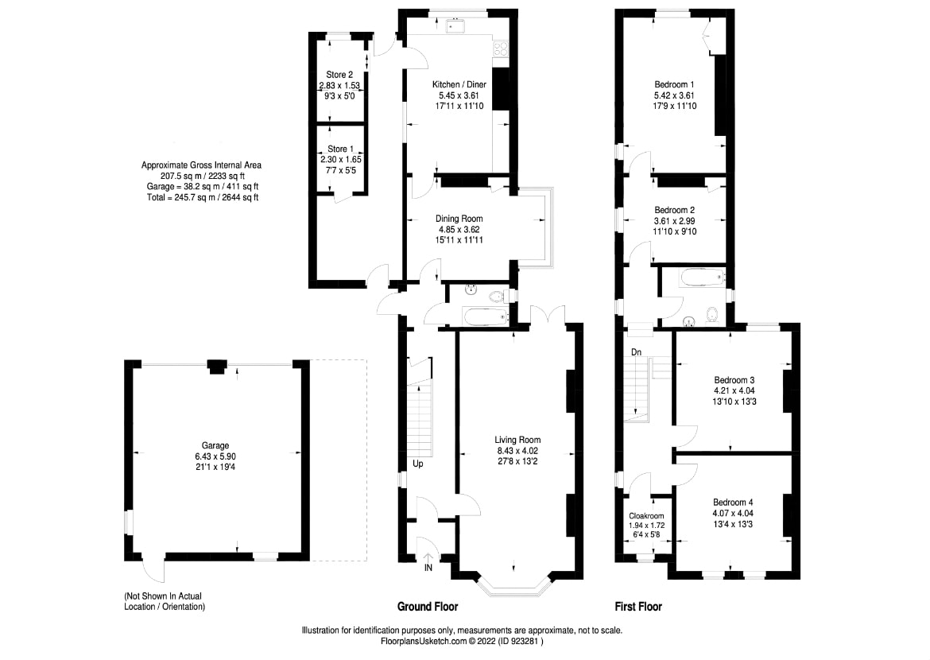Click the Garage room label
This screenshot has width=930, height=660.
215,445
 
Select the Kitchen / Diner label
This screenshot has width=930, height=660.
459,84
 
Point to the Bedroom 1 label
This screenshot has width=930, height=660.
674,84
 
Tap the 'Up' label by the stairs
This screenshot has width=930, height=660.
417,464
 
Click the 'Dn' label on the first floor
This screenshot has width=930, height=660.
636,351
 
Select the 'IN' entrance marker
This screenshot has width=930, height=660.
428,569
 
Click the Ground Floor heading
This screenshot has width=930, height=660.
428,607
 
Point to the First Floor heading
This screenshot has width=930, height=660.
638,607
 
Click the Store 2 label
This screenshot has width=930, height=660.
340,75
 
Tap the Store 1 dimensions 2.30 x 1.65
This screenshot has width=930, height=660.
340,159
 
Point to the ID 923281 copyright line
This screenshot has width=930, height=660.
462,640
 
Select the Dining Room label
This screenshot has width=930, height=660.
459,219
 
